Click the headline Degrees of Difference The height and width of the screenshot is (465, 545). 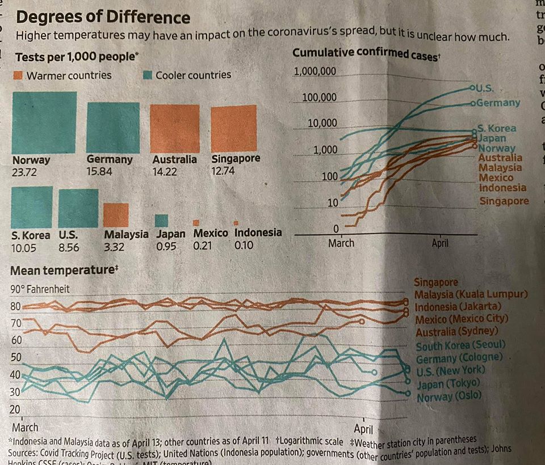coord(103,16)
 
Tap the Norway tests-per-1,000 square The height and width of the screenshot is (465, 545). coord(44,122)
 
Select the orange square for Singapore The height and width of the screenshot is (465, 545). coord(233,129)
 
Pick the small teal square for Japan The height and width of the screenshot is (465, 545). coord(162,221)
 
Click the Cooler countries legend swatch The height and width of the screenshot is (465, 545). coord(148,75)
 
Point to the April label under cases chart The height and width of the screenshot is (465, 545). coord(440,243)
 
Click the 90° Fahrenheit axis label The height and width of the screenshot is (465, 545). coord(40,289)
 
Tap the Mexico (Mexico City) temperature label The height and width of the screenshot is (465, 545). coord(462,319)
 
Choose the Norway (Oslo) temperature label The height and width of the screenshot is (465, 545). coord(448,397)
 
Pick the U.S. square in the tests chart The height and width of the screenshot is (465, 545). coord(78,208)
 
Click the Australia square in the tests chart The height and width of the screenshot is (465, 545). coord(175,129)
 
